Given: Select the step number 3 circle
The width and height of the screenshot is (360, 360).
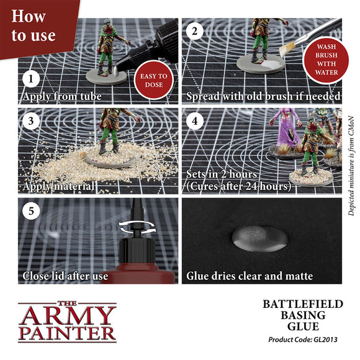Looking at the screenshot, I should (30, 120).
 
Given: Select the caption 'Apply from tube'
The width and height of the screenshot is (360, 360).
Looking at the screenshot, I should (61, 97).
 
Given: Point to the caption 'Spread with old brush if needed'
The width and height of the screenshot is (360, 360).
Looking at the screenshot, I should (264, 97).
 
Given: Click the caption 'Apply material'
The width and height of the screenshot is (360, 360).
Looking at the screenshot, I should (58, 186).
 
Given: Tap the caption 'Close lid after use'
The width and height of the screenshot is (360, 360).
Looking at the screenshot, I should (65, 276).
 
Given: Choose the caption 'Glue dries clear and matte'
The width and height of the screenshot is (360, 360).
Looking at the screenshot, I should (250, 276).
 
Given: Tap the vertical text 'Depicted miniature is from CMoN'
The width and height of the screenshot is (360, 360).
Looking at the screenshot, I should (351, 164).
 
